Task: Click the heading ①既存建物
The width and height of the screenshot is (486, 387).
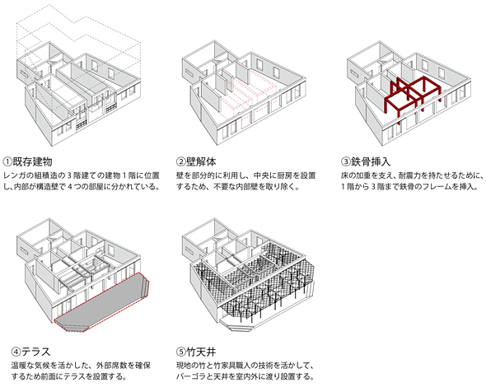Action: pos(27,161)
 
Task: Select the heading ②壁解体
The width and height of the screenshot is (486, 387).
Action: pos(196,161)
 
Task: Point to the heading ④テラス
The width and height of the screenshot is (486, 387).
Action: pos(30,352)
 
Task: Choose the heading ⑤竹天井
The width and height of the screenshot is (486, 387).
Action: pos(196,352)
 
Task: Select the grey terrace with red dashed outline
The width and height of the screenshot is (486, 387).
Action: pos(101,303)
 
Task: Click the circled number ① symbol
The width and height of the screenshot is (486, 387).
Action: pos(7,161)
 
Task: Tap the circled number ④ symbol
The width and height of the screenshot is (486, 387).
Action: pos(16,352)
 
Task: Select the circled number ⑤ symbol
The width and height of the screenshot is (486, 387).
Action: pos(180,352)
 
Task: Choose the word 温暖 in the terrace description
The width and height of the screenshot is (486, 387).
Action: pos(19,366)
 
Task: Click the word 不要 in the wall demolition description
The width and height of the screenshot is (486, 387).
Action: pos(222,187)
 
